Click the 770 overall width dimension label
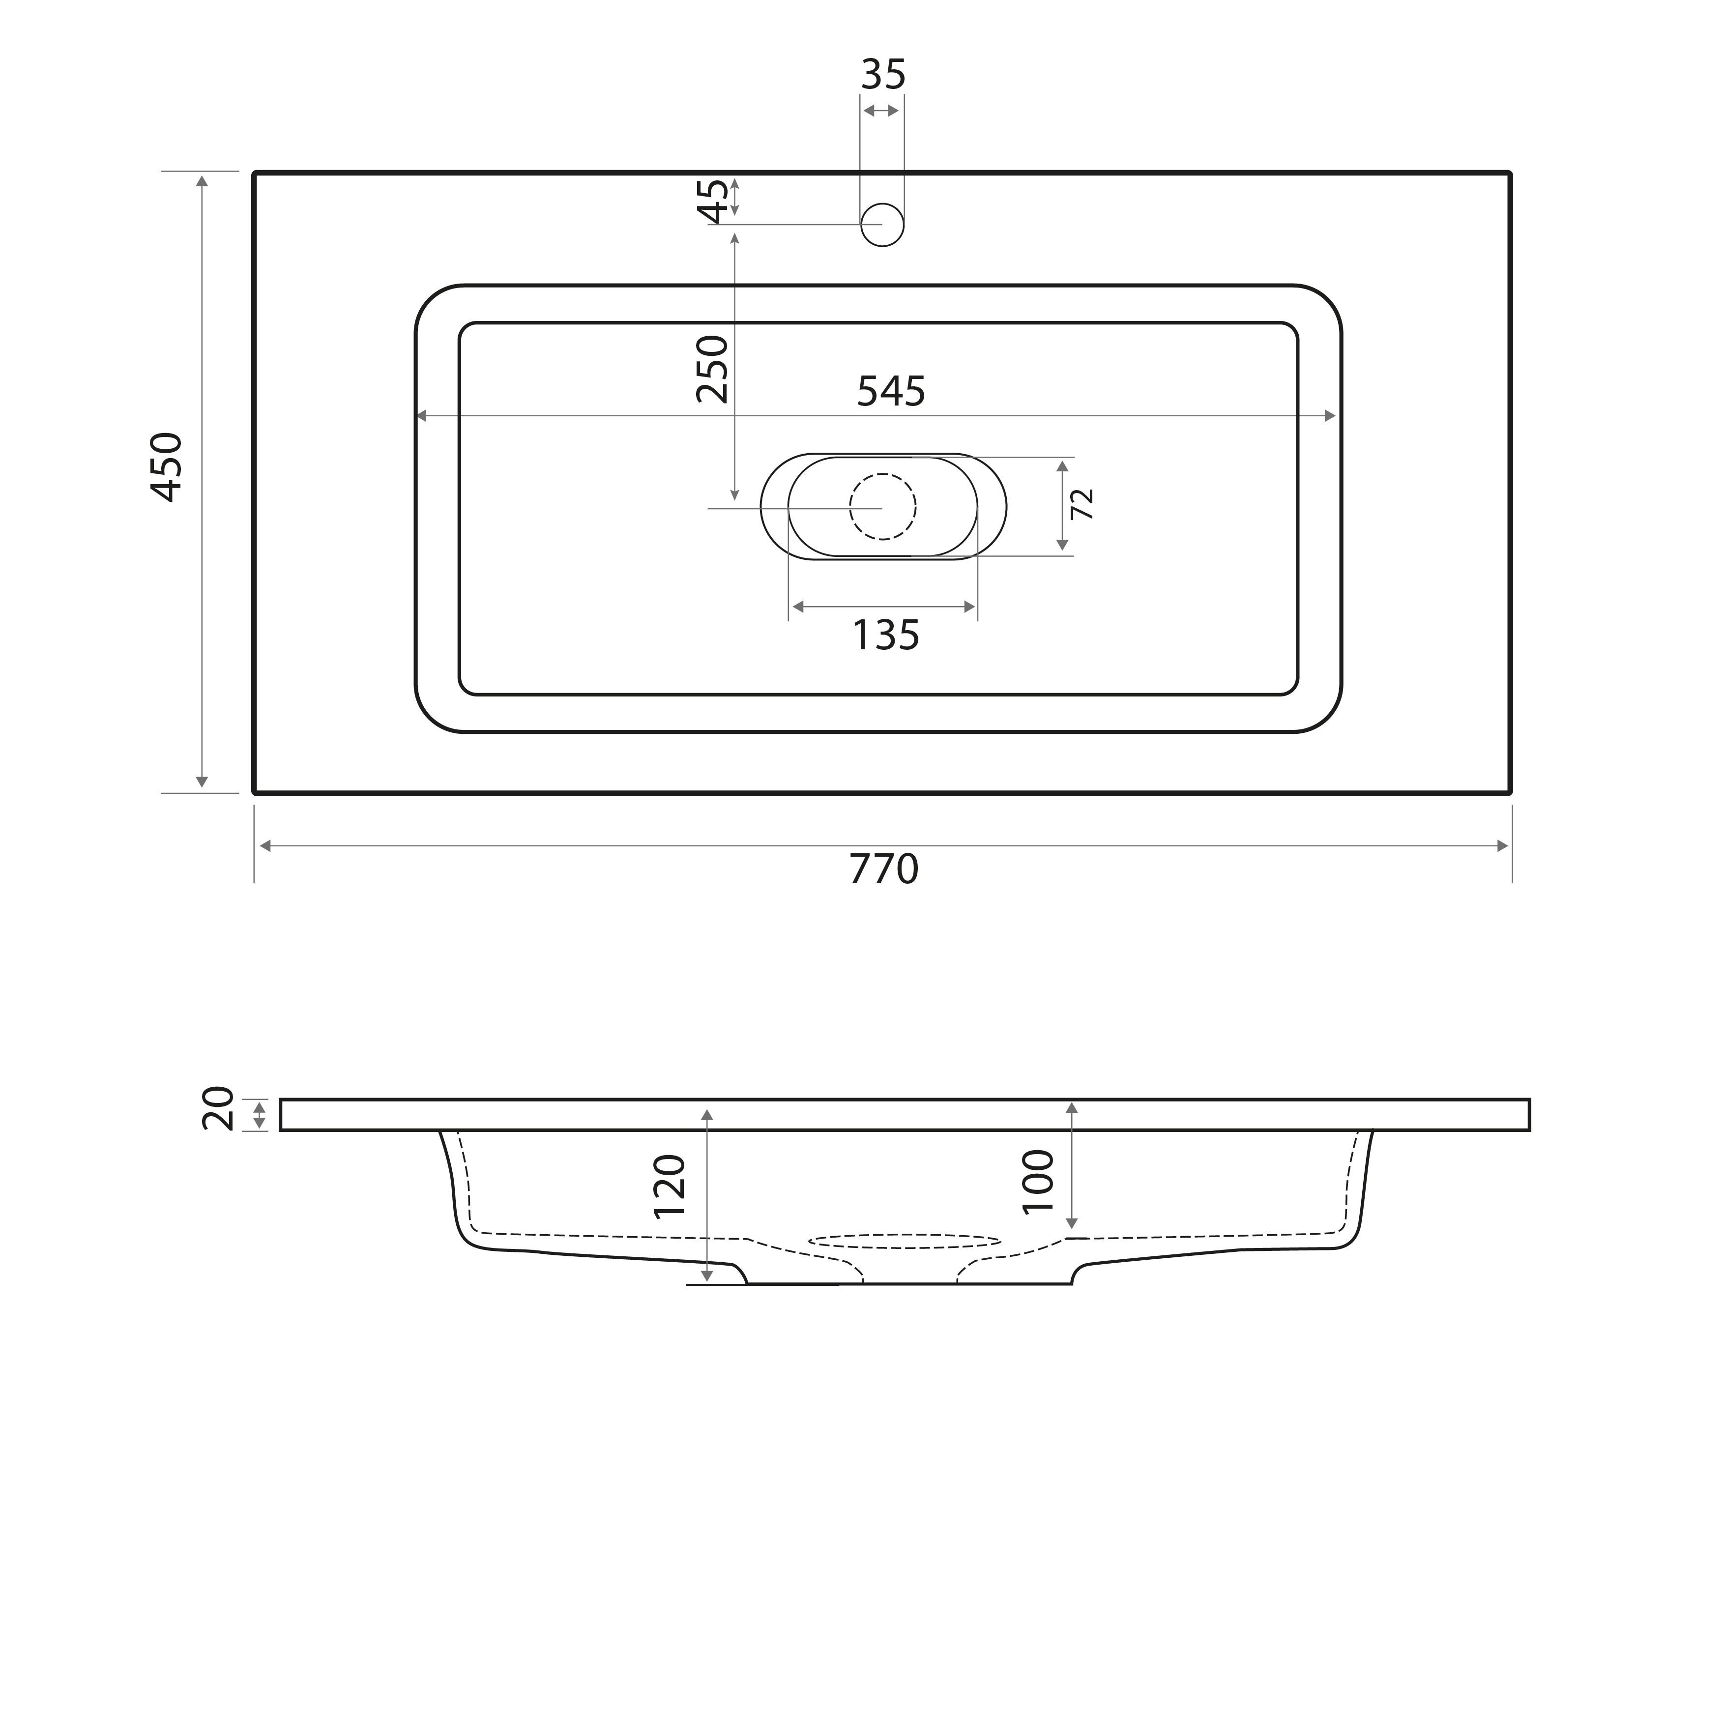pyautogui.click(x=883, y=869)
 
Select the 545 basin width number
pyautogui.click(x=891, y=391)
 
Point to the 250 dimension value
pyautogui.click(x=712, y=369)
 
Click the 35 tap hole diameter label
pyautogui.click(x=883, y=75)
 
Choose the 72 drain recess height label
pyautogui.click(x=1082, y=504)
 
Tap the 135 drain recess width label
pyautogui.click(x=886, y=636)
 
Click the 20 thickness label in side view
pyautogui.click(x=218, y=1108)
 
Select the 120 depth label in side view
pyautogui.click(x=670, y=1187)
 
